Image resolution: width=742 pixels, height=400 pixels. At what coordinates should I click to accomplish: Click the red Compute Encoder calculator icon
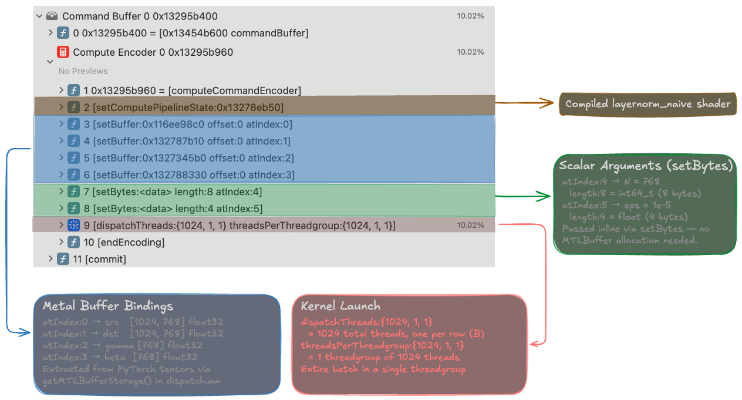[63, 52]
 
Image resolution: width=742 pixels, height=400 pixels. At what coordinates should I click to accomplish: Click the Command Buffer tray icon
[52, 16]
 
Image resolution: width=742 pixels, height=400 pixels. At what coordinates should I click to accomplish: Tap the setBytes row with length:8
[177, 192]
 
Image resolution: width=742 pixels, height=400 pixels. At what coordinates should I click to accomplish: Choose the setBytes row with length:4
[177, 209]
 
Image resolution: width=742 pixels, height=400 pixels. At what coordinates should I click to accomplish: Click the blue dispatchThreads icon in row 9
[73, 226]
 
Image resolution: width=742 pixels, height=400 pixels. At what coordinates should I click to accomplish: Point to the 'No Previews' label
[83, 71]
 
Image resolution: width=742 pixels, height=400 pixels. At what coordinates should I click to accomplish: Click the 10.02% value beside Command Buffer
[470, 16]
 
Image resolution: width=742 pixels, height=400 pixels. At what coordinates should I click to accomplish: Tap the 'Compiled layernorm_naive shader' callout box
[647, 104]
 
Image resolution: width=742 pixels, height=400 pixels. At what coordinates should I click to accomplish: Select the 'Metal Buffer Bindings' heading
[108, 306]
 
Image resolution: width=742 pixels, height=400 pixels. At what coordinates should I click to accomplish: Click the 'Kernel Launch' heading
[340, 306]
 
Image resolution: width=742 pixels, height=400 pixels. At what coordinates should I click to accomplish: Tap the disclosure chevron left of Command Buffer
[39, 16]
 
